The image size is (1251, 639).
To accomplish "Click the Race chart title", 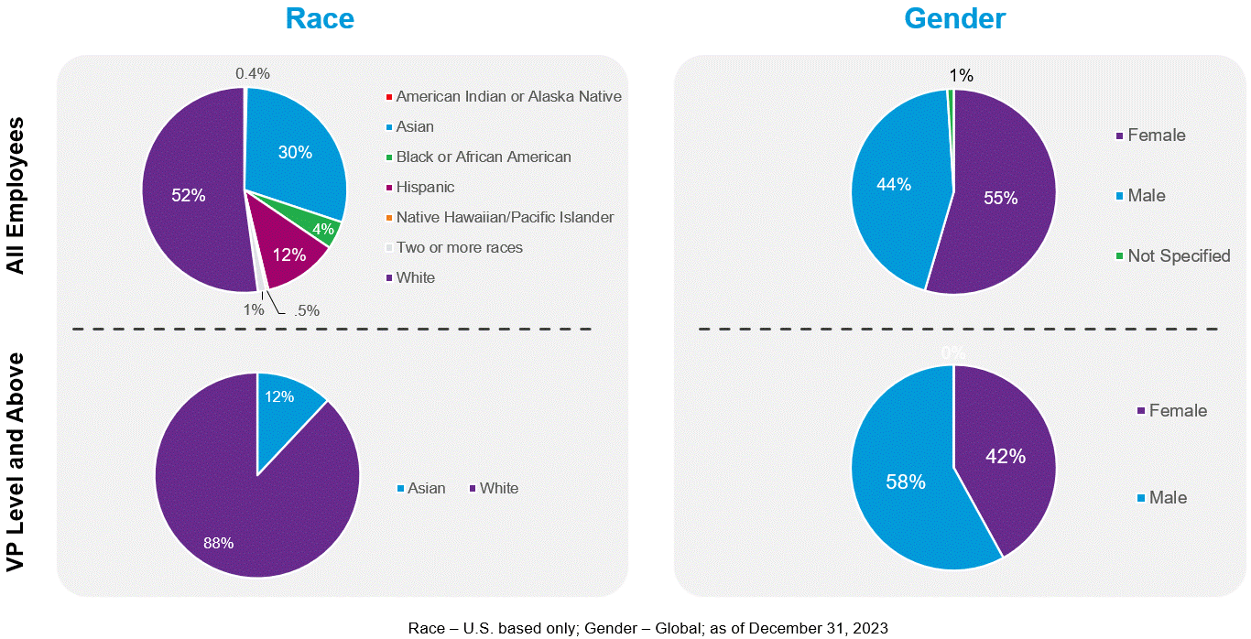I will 320,18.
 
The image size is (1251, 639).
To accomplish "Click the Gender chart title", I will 954,18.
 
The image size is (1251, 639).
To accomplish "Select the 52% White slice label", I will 189,195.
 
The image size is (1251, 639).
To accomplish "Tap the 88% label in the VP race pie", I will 218,543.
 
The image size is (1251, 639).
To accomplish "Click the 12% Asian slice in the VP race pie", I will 279,396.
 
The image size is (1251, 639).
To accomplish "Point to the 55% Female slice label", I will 1000,198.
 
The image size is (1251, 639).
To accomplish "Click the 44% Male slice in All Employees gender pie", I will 893,184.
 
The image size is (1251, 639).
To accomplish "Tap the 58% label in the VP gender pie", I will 906,482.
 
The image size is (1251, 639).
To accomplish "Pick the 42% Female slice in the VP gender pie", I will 1005,456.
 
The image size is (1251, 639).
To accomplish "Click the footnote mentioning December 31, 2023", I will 647,628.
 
